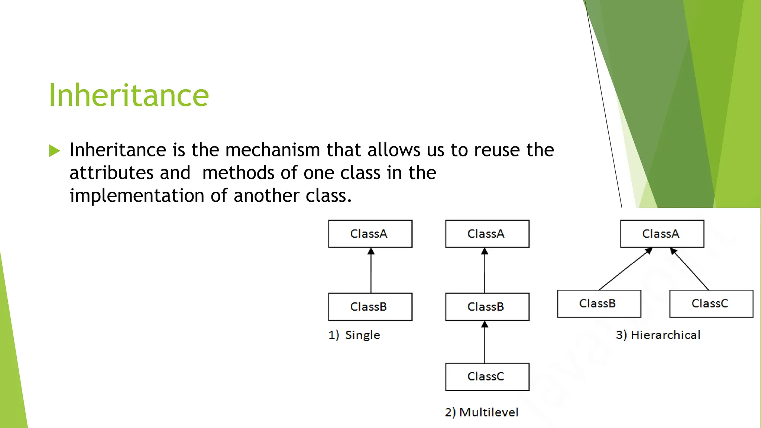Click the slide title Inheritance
(x=129, y=95)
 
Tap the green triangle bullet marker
(x=55, y=151)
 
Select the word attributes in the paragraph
(x=111, y=173)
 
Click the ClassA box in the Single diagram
(x=370, y=234)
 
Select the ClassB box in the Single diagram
(x=370, y=307)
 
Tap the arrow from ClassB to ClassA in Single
(x=371, y=271)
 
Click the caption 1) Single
(x=354, y=335)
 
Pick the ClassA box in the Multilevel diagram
(x=487, y=234)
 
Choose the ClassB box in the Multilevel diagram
(x=487, y=307)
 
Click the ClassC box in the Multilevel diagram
(x=487, y=377)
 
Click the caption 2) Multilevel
(x=482, y=412)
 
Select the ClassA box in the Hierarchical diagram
(x=662, y=234)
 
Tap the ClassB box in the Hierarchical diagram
(x=599, y=304)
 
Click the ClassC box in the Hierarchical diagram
(x=711, y=304)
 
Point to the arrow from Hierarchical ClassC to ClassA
(x=690, y=270)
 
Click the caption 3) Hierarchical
(x=658, y=335)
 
